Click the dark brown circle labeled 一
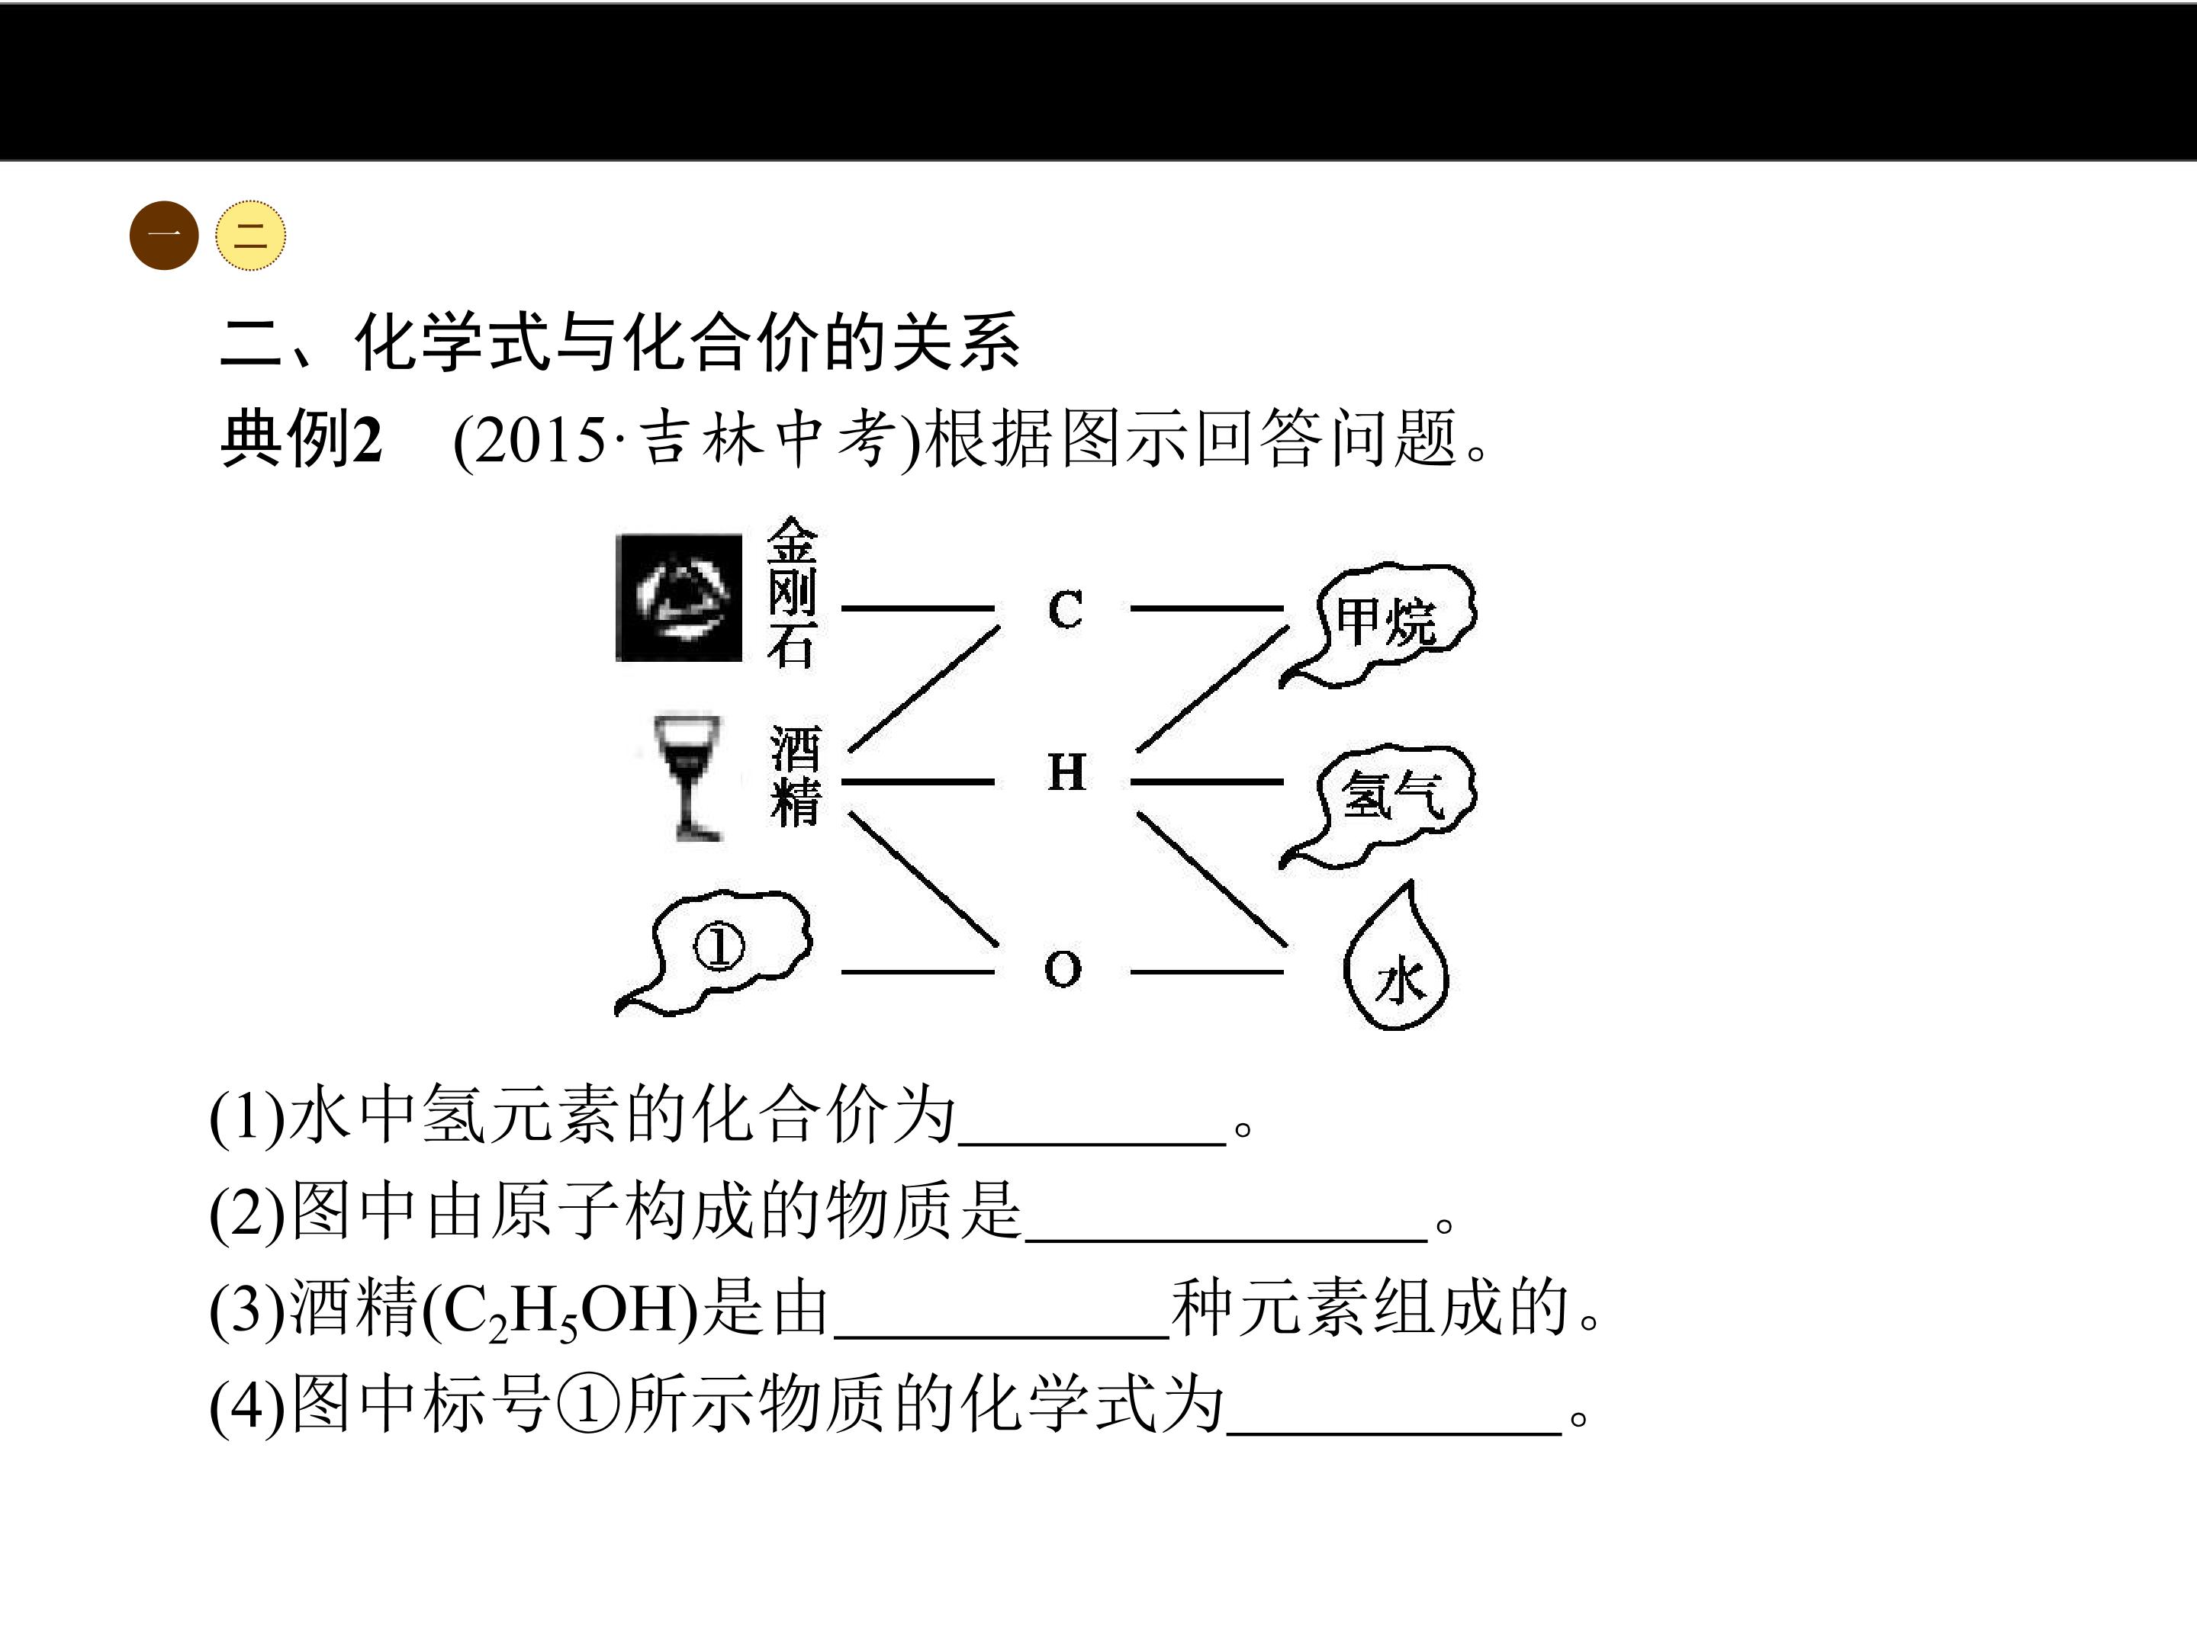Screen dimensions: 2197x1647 (x=164, y=236)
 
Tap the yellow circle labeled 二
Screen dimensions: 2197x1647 (x=250, y=236)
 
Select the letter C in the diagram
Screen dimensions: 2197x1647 (x=1065, y=608)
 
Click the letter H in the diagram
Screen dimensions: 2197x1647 (x=1066, y=772)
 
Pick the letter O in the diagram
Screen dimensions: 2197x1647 (x=1063, y=968)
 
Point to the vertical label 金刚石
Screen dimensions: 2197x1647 (x=792, y=592)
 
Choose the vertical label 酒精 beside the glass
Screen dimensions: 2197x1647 (x=796, y=775)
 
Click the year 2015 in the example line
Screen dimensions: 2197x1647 (x=542, y=440)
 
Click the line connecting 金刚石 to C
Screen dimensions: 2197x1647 (x=918, y=608)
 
